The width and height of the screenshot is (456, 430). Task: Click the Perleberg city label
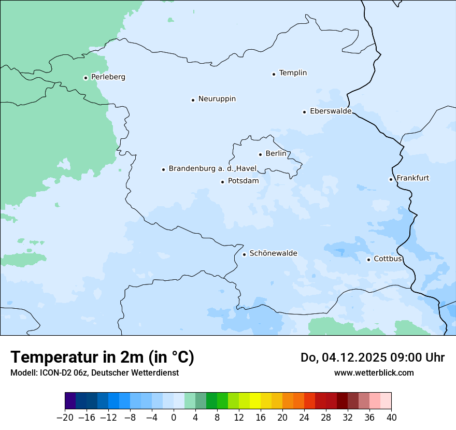(108, 77)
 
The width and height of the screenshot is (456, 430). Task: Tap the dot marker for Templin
(274, 74)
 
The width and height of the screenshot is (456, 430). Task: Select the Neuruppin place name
(217, 99)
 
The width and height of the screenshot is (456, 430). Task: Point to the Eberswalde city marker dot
(305, 112)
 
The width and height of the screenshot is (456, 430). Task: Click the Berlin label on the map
(275, 154)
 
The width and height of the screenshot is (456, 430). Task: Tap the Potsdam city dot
(223, 182)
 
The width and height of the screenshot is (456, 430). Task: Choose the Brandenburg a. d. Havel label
(212, 169)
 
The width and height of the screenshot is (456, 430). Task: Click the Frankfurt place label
(412, 178)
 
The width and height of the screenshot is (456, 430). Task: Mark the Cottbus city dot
(369, 260)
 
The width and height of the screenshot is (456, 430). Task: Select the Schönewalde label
(273, 253)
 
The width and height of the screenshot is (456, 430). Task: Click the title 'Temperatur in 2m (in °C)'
(102, 357)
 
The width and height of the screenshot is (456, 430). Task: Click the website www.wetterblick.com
(374, 372)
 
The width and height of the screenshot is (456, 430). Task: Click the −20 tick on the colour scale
(65, 418)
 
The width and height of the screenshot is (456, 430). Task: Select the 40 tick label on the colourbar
(391, 418)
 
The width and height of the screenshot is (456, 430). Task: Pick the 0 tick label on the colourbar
(174, 418)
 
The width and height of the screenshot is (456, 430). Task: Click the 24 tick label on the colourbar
(304, 418)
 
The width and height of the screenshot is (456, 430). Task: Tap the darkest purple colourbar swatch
(70, 401)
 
